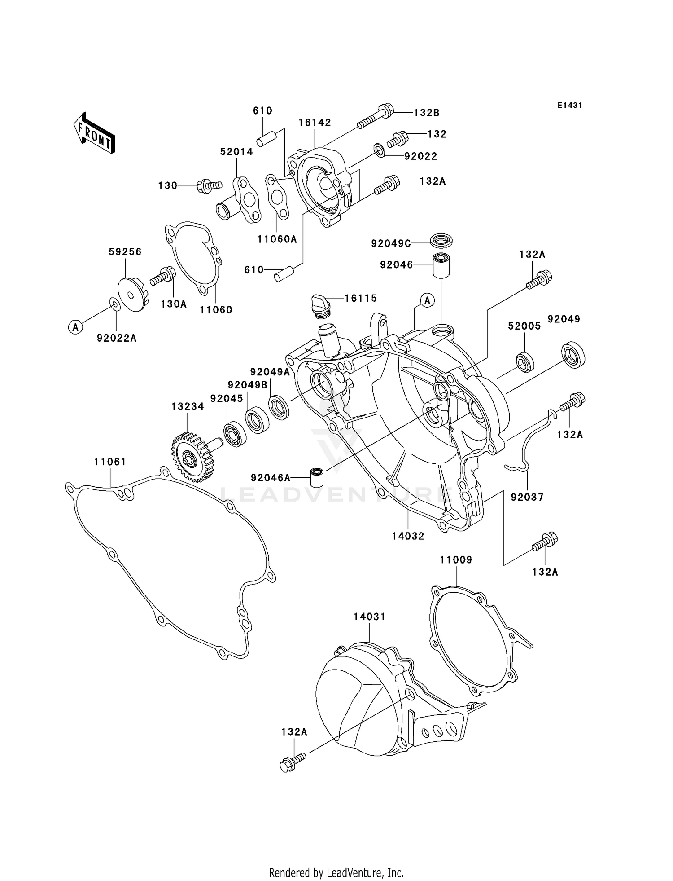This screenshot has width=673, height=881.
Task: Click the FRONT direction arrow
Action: point(95,133)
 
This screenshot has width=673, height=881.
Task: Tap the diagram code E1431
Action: point(570,106)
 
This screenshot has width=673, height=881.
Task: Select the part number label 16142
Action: point(315,123)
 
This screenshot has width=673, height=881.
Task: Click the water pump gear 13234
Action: point(191,457)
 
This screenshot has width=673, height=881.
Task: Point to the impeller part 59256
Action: point(130,294)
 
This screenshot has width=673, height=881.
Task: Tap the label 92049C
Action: point(391,243)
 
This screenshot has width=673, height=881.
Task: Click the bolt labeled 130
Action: point(208,185)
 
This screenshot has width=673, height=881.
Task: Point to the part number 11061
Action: point(110,462)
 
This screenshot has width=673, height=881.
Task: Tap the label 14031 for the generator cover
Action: point(369,617)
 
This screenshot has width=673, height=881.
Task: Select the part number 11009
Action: point(456,560)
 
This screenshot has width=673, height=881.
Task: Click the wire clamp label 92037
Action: point(527,497)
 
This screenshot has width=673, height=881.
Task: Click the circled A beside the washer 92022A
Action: point(76,327)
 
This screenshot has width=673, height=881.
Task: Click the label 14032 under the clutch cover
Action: point(408,536)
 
